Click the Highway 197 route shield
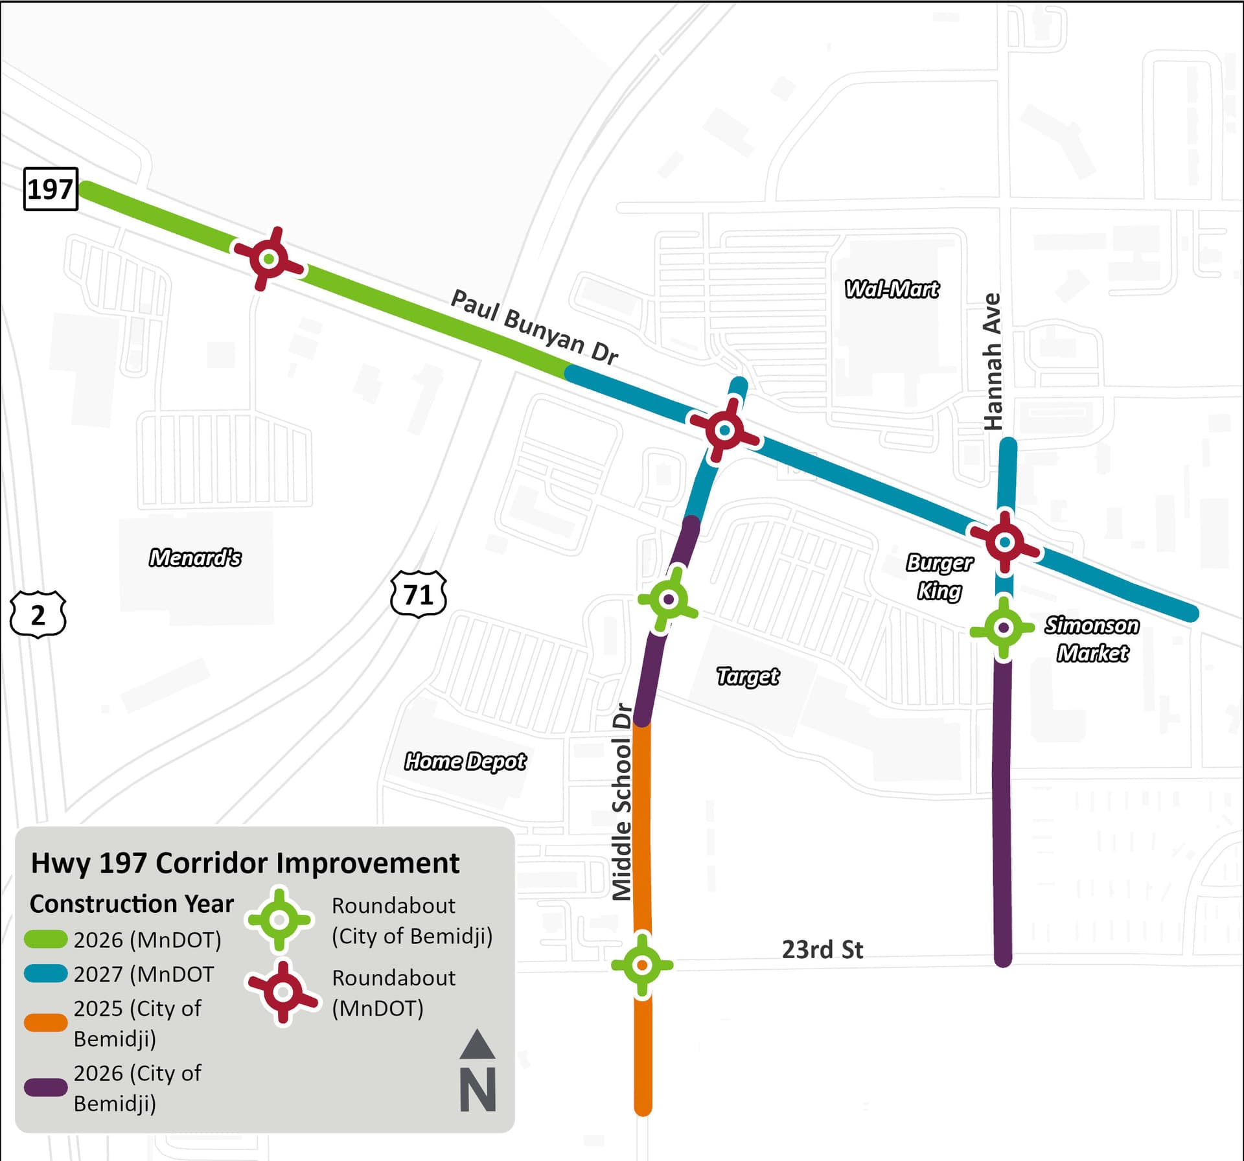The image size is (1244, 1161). click(51, 189)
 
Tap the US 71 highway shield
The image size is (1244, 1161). click(419, 593)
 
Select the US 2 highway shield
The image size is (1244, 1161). click(38, 614)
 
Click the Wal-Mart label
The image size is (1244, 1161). click(892, 289)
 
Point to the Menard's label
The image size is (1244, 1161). click(195, 558)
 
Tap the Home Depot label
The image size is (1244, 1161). click(465, 761)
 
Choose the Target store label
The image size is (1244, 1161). click(748, 676)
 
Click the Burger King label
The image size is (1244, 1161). click(939, 577)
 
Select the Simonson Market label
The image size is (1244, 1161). click(1092, 639)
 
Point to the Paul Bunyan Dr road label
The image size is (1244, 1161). click(534, 328)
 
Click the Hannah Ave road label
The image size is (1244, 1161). click(993, 362)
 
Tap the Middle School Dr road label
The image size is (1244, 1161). click(622, 802)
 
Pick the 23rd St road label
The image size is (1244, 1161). click(822, 950)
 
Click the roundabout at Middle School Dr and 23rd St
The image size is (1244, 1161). click(642, 965)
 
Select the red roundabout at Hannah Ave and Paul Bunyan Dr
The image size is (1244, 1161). click(1005, 542)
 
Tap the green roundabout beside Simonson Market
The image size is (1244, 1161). click(1004, 628)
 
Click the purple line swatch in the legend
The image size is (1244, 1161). click(46, 1087)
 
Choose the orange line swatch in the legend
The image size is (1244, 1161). click(46, 1022)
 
